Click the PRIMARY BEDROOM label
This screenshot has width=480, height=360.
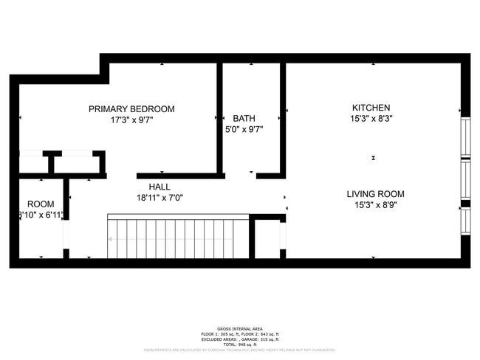pos(131,109)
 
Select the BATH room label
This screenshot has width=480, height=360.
pos(244,118)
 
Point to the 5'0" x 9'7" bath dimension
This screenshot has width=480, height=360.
pos(244,129)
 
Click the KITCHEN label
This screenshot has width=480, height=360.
pos(371,108)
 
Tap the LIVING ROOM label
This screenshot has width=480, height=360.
pos(375,194)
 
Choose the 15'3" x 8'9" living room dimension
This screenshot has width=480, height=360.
pos(375,206)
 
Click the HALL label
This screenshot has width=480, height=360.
pos(160,187)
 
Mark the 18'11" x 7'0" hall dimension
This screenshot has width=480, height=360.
pos(160,198)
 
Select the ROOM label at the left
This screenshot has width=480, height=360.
pos(41,204)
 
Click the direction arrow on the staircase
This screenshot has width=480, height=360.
pos(111,239)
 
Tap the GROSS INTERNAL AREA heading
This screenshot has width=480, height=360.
pos(239,328)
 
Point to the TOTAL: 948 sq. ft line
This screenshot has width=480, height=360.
pos(239,345)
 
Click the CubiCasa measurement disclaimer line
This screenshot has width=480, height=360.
pos(239,350)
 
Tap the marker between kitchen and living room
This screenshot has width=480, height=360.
pos(374,157)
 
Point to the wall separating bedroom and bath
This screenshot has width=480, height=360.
pos(219,118)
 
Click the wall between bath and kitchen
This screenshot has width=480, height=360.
pos(283,118)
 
